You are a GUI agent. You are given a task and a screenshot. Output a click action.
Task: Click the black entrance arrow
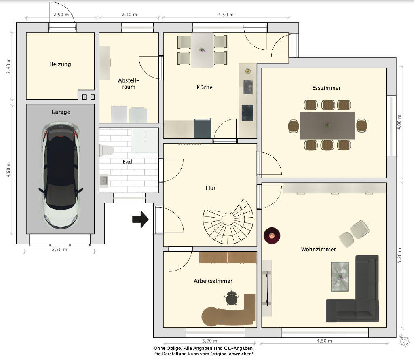pos(140,219)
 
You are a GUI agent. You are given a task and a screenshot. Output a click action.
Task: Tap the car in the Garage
pos(61,175)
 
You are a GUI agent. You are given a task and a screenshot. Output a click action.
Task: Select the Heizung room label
pos(60,64)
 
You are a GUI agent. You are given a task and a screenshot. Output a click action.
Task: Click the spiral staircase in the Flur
pos(228,222)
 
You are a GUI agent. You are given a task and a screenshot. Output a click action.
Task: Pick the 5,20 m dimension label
pos(399,255)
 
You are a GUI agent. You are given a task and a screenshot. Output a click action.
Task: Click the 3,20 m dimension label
pos(210,341)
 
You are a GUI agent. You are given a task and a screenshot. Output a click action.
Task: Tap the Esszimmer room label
pos(326,88)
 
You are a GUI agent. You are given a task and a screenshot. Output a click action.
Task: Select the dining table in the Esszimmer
pos(327,125)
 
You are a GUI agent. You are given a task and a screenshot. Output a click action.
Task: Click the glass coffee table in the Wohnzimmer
pos(340,277)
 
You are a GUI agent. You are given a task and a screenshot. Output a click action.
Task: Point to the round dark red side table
pos(272,235)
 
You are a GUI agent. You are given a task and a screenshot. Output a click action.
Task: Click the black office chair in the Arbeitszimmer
pos(232,298)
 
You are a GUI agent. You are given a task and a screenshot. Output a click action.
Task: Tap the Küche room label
pos(204,87)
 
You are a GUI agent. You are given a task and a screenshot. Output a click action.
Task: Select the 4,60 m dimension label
pos(9,169)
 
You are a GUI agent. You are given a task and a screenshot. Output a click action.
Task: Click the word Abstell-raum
pos(129,83)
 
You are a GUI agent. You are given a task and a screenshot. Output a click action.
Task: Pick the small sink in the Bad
pos(104,181)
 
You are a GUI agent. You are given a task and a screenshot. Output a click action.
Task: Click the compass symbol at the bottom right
pos(404,341)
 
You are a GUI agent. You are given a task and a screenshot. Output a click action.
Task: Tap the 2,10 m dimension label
pos(129,15)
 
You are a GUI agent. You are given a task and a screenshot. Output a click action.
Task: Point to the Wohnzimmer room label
pos(319,249)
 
